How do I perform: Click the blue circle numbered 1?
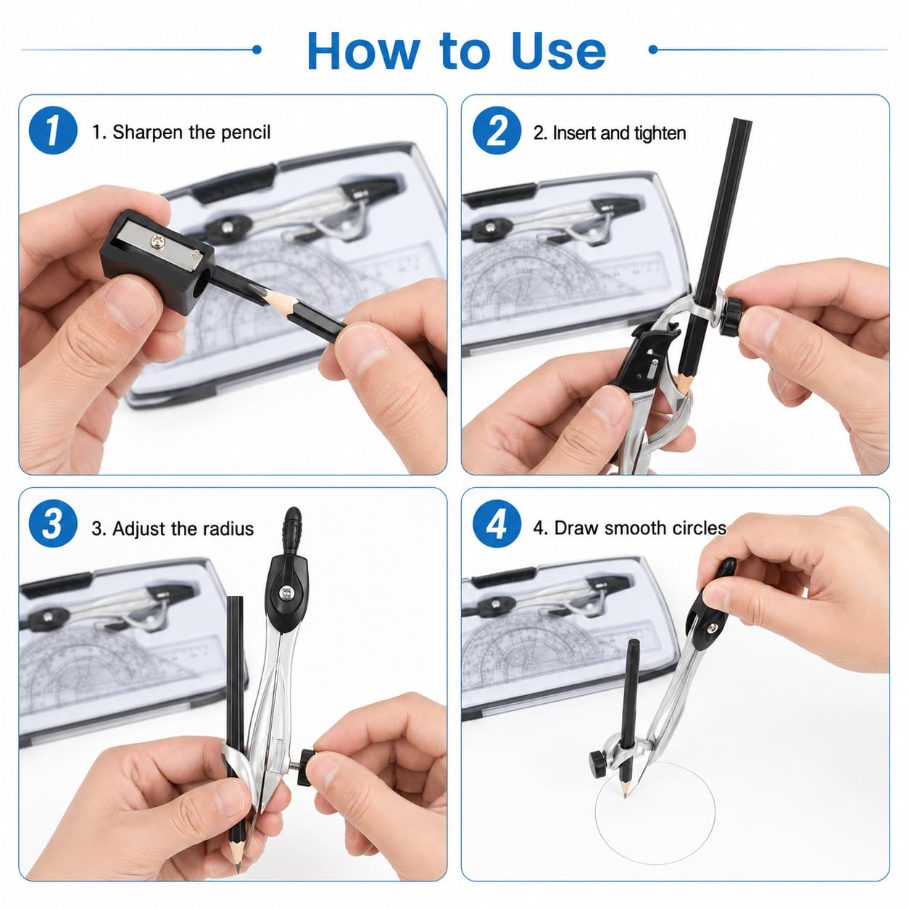pyautogui.click(x=53, y=130)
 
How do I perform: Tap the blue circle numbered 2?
pyautogui.click(x=497, y=130)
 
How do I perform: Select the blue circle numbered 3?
pyautogui.click(x=53, y=523)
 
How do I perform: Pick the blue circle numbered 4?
pyautogui.click(x=497, y=523)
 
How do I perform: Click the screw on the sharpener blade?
pyautogui.click(x=157, y=243)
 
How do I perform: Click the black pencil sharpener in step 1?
pyautogui.click(x=157, y=262)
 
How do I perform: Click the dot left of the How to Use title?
pyautogui.click(x=257, y=49)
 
